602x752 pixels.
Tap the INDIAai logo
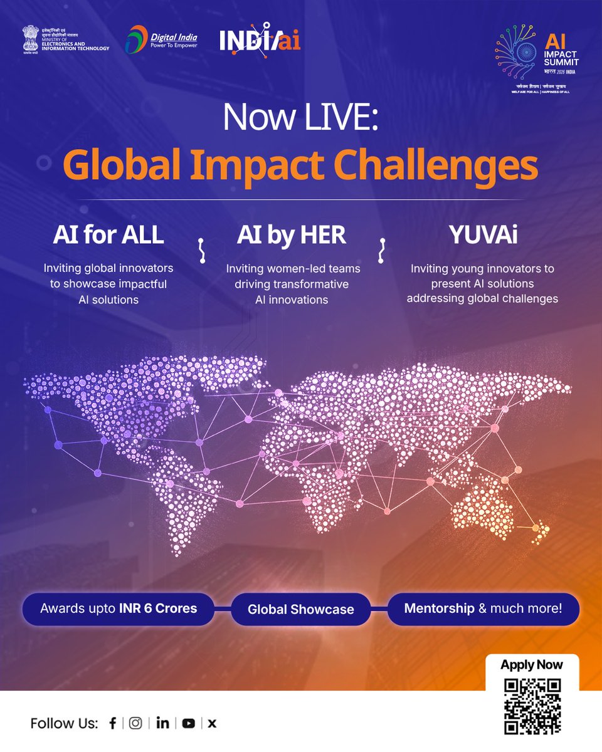pyautogui.click(x=260, y=41)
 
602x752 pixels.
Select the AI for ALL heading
pyautogui.click(x=108, y=234)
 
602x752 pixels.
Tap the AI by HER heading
pyautogui.click(x=292, y=234)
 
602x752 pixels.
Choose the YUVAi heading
pyautogui.click(x=482, y=234)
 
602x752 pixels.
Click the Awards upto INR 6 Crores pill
pyautogui.click(x=119, y=608)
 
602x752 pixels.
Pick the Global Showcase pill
pyautogui.click(x=300, y=609)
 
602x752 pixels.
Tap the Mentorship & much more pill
pyautogui.click(x=483, y=608)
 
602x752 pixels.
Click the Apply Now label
pyautogui.click(x=532, y=665)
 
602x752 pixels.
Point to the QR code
pyautogui.click(x=532, y=706)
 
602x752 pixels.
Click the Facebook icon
pyautogui.click(x=113, y=723)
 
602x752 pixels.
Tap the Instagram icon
pyautogui.click(x=135, y=723)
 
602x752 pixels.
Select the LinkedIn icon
pyautogui.click(x=162, y=723)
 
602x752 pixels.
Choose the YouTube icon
pyautogui.click(x=188, y=723)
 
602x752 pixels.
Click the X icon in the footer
pyautogui.click(x=212, y=723)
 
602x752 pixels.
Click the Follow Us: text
pyautogui.click(x=64, y=723)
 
